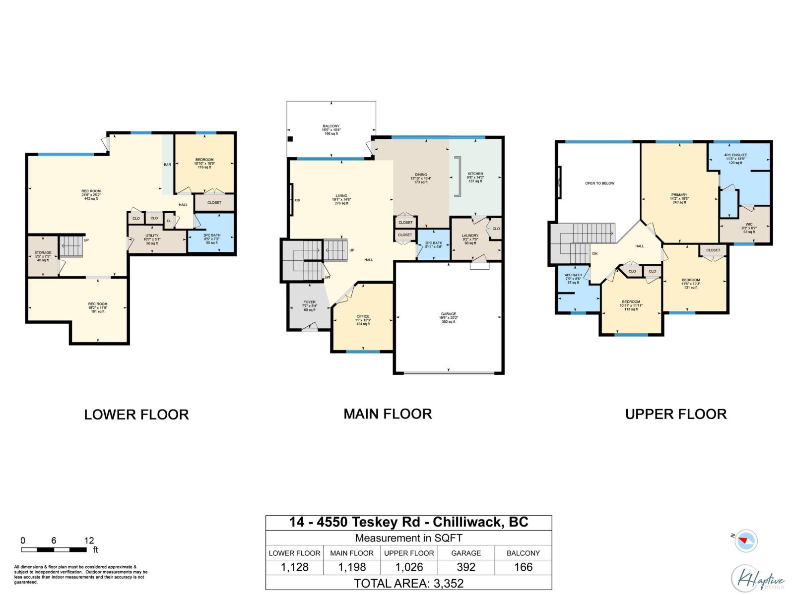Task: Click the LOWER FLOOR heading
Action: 136,415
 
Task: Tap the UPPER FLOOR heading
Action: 675,414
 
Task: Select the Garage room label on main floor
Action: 449,317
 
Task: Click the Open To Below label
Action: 599,183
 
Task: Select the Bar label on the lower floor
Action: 167,165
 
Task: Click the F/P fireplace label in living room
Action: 297,201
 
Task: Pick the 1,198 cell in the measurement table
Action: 351,567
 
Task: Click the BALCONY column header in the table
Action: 523,553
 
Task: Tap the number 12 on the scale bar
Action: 89,540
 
